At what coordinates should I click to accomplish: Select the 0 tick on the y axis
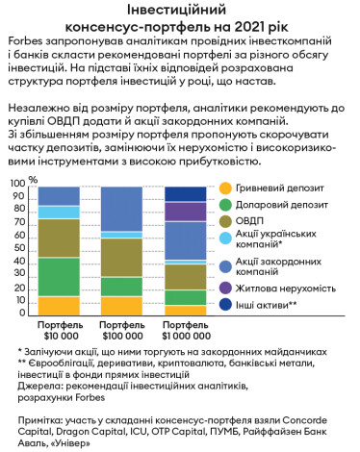coord(24,316)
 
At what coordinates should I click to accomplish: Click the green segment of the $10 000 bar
coord(59,276)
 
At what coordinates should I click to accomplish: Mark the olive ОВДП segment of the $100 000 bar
coord(121,257)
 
